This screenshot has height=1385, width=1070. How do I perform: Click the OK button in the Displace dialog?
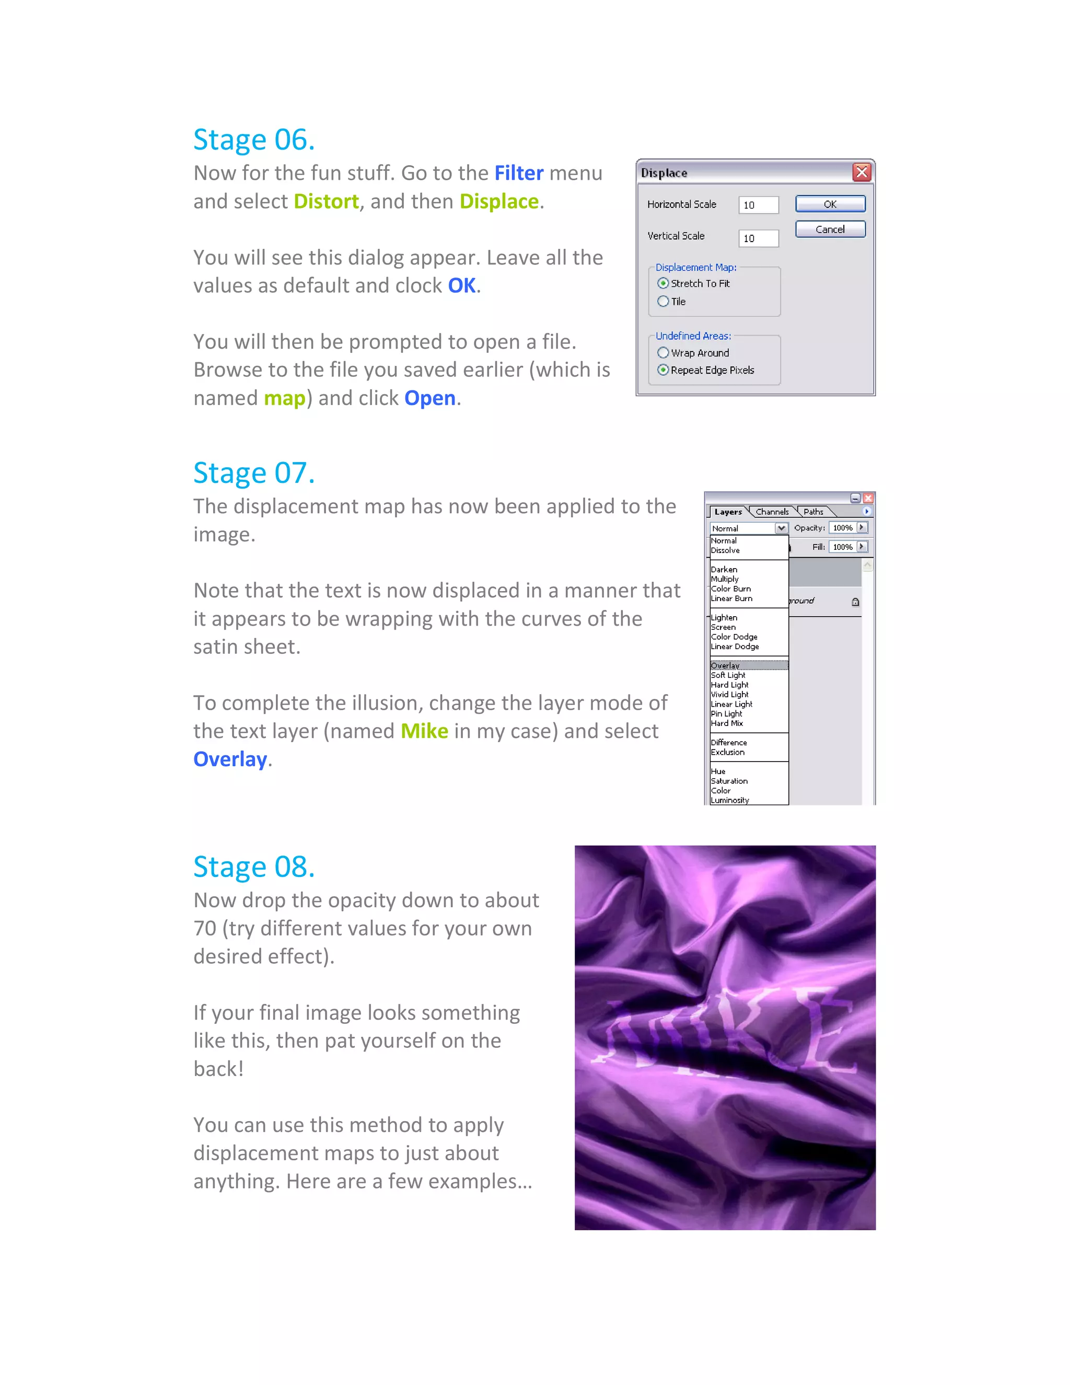(830, 204)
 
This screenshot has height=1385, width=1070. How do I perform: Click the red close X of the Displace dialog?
(861, 172)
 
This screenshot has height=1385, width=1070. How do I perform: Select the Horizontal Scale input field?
(758, 205)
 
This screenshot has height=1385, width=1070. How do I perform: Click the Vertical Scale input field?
(758, 238)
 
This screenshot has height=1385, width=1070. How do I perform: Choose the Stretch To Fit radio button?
(663, 283)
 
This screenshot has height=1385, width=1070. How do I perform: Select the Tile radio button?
(663, 301)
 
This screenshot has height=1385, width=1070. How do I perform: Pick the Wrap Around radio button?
(663, 353)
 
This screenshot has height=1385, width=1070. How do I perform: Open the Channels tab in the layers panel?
(772, 512)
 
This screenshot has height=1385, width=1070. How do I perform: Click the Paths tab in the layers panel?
(813, 512)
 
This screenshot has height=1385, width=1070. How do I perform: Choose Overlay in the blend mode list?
(725, 665)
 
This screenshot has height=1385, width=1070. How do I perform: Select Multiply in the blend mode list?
(725, 579)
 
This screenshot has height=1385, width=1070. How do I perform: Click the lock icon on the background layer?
(855, 602)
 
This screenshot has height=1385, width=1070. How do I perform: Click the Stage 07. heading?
(253, 473)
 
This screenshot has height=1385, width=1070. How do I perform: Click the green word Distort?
(326, 202)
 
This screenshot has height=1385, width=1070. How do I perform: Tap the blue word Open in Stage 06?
(430, 398)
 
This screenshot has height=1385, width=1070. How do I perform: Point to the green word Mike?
(424, 731)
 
